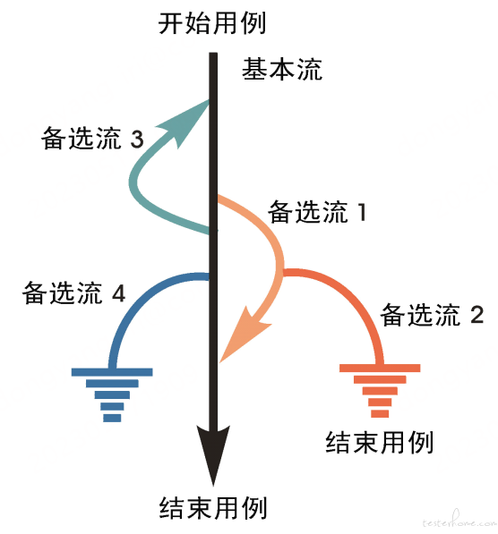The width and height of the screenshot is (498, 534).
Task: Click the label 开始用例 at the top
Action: point(211,23)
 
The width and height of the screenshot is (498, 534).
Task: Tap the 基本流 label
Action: point(282,69)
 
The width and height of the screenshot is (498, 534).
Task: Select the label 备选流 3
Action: point(92,139)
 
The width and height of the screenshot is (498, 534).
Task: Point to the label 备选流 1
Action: point(317,212)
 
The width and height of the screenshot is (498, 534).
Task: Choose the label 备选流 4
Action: point(74,292)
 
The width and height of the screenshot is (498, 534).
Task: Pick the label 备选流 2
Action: point(432,315)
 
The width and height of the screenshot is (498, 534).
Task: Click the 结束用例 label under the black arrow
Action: point(213,507)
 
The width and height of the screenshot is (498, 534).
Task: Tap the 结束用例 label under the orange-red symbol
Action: point(379,442)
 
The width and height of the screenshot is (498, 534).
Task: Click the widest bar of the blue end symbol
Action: point(112,372)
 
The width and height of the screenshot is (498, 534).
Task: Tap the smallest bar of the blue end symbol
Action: point(112,418)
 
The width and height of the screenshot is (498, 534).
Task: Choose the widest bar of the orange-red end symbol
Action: point(380,368)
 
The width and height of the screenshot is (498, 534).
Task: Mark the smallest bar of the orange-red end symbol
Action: point(380,414)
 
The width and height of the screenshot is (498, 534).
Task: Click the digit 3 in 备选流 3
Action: point(137,140)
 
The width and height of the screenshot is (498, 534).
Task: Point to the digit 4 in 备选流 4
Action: point(119,293)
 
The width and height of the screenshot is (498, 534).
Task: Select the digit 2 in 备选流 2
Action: point(477,315)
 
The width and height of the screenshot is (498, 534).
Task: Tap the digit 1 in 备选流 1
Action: point(362,212)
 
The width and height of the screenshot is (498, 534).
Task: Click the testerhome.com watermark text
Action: point(459,521)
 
